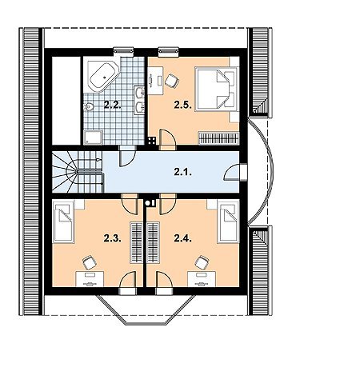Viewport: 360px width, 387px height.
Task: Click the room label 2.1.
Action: pyautogui.click(x=183, y=172)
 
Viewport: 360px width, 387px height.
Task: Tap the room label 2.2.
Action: pyautogui.click(x=113, y=105)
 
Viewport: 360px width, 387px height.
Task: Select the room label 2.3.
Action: pyautogui.click(x=113, y=238)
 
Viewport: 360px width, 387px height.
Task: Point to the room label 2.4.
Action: pyautogui.click(x=183, y=238)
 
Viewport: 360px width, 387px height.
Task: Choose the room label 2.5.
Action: pyautogui.click(x=183, y=105)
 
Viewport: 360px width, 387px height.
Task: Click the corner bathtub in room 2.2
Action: pyautogui.click(x=103, y=76)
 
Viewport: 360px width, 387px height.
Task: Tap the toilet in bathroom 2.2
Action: pyautogui.click(x=88, y=107)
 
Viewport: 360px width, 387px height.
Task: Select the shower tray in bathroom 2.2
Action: pyautogui.click(x=93, y=138)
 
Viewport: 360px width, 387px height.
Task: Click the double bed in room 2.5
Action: pyautogui.click(x=216, y=89)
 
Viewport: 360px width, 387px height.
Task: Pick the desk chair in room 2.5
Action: pyautogui.click(x=172, y=81)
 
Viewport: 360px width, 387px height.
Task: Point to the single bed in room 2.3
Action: pyautogui.click(x=63, y=222)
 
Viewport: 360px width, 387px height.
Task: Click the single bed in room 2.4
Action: pyautogui.click(x=228, y=222)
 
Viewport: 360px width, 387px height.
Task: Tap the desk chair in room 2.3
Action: pyautogui.click(x=90, y=262)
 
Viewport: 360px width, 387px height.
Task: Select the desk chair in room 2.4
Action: pyautogui.click(x=202, y=262)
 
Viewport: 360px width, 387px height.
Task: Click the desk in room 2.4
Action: pyautogui.click(x=202, y=279)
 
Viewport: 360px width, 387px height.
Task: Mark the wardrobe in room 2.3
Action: pyautogui.click(x=136, y=242)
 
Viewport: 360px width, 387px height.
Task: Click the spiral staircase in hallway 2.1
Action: pyautogui.click(x=78, y=172)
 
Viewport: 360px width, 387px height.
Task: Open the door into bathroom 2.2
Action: pyautogui.click(x=127, y=156)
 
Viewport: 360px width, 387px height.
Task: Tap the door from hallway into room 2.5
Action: pyautogui.click(x=168, y=140)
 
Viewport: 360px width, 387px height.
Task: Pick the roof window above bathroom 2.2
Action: pyautogui.click(x=123, y=51)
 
